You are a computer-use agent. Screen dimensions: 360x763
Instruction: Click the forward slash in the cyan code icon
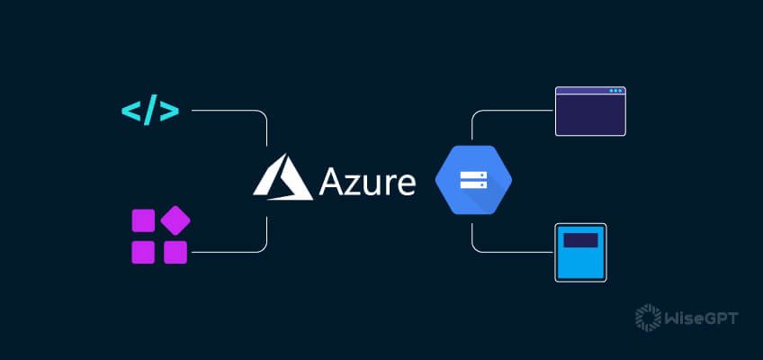(149, 112)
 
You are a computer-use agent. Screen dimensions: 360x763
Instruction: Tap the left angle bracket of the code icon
(131, 112)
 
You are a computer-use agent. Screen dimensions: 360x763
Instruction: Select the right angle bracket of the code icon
(169, 112)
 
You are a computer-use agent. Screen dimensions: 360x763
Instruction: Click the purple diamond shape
(175, 220)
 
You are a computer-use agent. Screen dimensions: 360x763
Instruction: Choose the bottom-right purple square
(175, 251)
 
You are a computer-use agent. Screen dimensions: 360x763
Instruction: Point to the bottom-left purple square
(144, 251)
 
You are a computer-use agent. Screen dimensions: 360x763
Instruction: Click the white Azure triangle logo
(283, 176)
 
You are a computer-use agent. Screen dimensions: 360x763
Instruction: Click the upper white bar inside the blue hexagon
(472, 172)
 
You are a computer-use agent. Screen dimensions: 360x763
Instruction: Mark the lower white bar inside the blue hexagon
(472, 186)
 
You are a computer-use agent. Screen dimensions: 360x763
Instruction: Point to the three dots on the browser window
(615, 91)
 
